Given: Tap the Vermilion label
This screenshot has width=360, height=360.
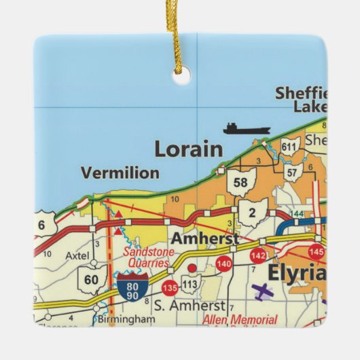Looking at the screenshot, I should tap(120, 173).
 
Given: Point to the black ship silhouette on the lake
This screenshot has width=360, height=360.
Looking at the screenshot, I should tap(247, 128).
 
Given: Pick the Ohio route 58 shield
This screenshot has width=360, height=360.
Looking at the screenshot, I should tap(240, 181).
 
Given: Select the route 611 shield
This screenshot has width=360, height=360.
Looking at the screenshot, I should tap(290, 147).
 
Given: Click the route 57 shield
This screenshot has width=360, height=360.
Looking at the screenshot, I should tap(292, 173).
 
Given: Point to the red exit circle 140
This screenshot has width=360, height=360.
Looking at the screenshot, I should tap(223, 264).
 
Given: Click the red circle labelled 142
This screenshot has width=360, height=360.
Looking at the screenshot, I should tap(258, 255).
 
